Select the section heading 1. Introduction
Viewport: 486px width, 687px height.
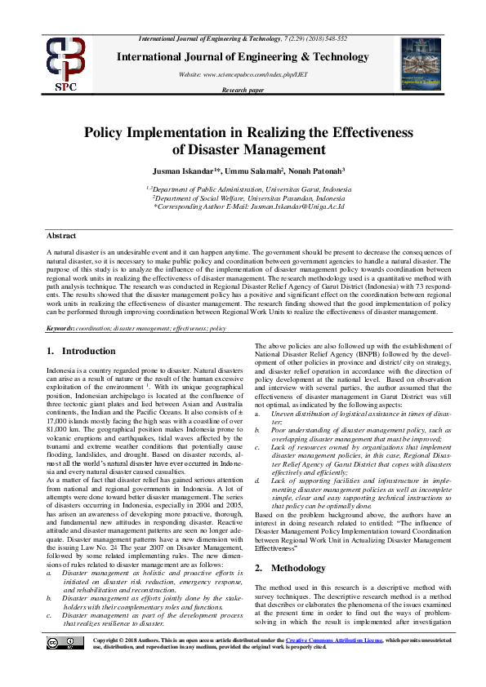82,351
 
